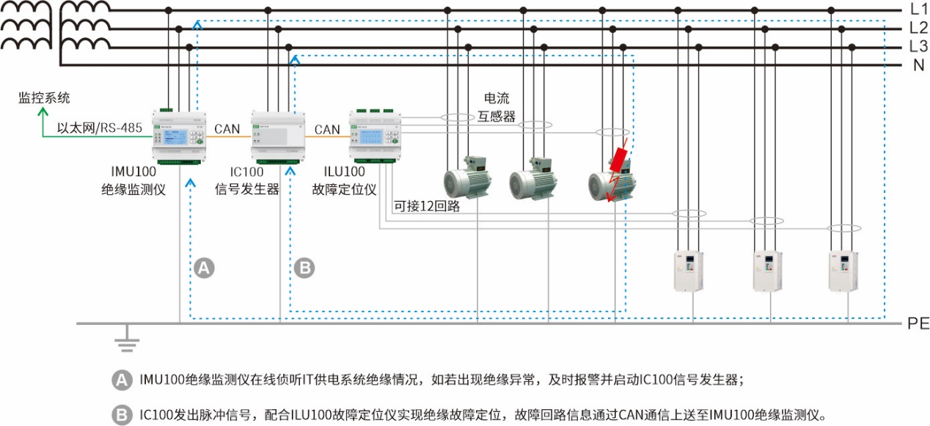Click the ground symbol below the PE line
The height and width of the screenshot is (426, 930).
(x=127, y=339)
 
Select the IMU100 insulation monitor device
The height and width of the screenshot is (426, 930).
(x=180, y=136)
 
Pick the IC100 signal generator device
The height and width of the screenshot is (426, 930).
(x=279, y=136)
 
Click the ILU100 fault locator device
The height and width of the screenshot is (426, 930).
(x=376, y=136)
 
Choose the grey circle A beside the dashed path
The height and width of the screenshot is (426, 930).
(x=205, y=268)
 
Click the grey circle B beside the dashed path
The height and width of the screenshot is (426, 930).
(x=304, y=268)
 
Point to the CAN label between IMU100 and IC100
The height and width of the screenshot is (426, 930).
(x=227, y=129)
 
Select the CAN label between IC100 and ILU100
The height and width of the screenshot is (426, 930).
(x=327, y=129)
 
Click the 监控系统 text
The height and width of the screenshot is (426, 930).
(x=45, y=98)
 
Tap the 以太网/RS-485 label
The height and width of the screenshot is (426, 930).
(x=100, y=128)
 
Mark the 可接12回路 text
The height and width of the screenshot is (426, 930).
(x=427, y=206)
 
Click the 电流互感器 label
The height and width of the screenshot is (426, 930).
(x=499, y=107)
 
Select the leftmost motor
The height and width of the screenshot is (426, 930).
(x=467, y=178)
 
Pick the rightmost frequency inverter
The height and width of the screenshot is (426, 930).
(x=843, y=271)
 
